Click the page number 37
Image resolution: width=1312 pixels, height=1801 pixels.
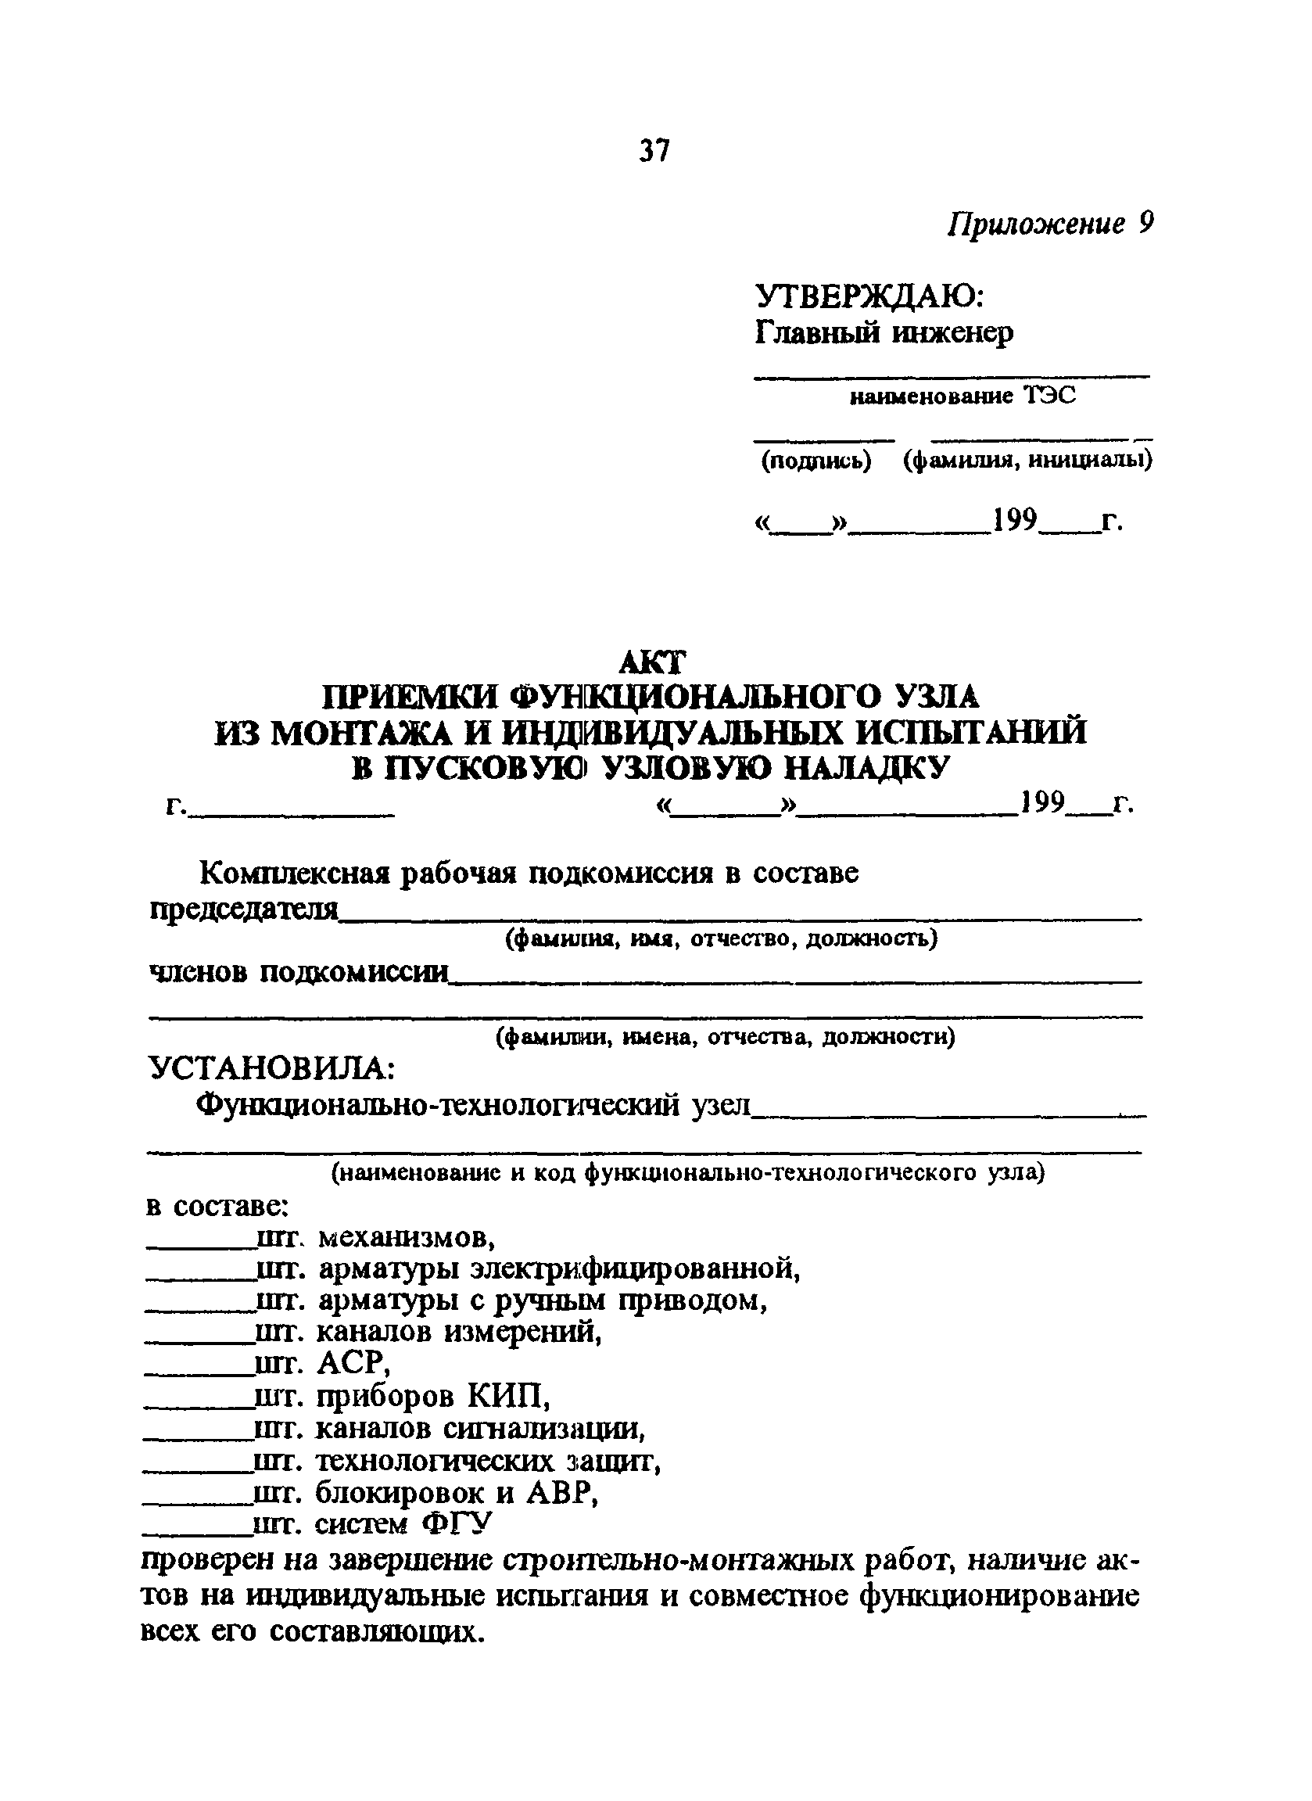(654, 150)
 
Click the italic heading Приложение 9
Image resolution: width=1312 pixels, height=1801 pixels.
(1049, 224)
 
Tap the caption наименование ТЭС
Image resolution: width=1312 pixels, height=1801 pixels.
(962, 396)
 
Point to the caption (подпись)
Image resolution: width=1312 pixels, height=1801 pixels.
(816, 461)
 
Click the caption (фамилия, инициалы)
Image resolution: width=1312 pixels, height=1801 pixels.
(1027, 461)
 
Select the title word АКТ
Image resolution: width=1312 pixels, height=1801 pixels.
(651, 662)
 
